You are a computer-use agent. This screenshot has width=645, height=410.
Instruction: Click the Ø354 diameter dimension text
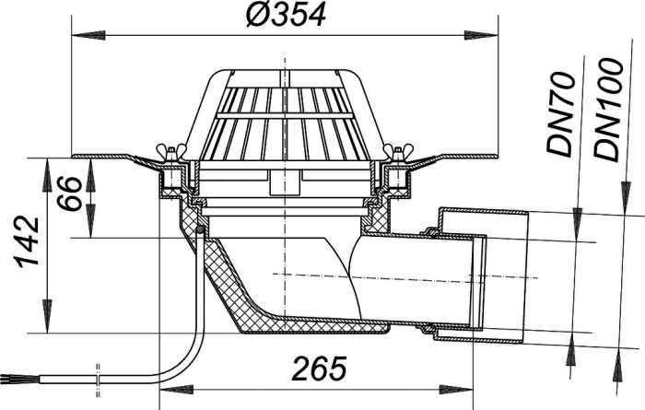click(286, 14)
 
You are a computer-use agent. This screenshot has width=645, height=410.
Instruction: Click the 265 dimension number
click(319, 368)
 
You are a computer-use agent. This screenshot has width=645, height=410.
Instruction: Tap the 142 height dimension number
click(28, 242)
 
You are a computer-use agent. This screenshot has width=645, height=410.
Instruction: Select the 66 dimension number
click(68, 193)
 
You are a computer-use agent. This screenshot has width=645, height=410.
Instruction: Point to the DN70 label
click(560, 115)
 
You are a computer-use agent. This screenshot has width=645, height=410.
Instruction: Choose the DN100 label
click(606, 110)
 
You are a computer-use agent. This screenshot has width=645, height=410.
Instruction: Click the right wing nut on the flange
click(398, 151)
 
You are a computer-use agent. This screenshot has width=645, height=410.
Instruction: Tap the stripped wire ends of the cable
click(7, 378)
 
